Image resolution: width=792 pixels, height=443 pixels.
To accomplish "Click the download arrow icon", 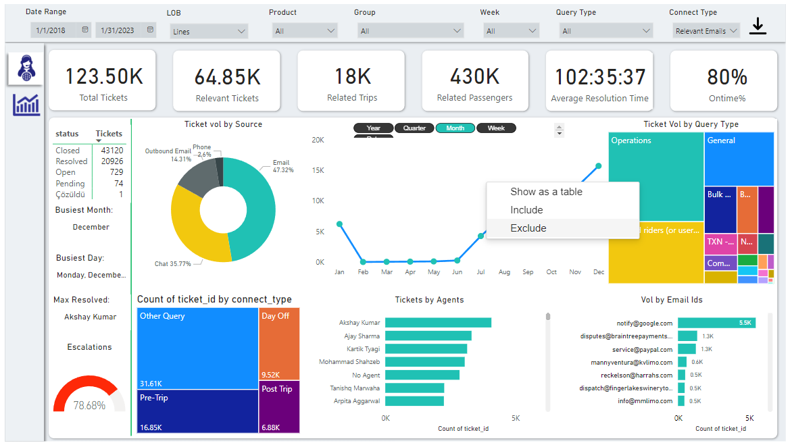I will click(x=758, y=26).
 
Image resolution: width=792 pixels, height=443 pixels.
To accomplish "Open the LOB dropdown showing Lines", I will click(x=209, y=31).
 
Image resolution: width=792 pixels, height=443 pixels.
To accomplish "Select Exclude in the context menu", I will click(x=528, y=228).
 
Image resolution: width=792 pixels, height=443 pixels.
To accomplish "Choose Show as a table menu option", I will click(x=546, y=192).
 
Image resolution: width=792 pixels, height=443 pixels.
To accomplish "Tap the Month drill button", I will click(x=455, y=128).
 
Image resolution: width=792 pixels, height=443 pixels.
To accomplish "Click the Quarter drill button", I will click(x=414, y=128).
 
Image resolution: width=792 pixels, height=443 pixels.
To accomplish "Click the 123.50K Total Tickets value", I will click(x=104, y=76).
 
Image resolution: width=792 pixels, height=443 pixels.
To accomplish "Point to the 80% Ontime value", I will click(x=727, y=77).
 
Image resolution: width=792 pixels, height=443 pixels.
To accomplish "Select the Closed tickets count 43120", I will click(x=112, y=151).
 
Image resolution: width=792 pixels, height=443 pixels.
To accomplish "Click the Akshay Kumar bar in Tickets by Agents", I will click(x=438, y=323).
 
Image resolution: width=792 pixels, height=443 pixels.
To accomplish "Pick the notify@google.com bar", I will click(x=716, y=323).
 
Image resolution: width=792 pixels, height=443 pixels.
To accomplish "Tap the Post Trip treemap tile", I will click(x=278, y=407).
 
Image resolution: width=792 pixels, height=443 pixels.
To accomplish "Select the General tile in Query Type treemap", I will click(x=739, y=159).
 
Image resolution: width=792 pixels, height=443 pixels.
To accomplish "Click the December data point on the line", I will click(x=599, y=165).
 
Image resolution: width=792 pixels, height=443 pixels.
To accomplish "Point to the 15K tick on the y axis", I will click(x=317, y=170).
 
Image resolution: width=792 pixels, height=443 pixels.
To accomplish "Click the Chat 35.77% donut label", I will click(x=172, y=264).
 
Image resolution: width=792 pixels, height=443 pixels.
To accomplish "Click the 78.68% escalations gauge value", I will click(x=89, y=405).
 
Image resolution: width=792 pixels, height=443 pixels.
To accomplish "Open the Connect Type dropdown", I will click(x=706, y=31).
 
